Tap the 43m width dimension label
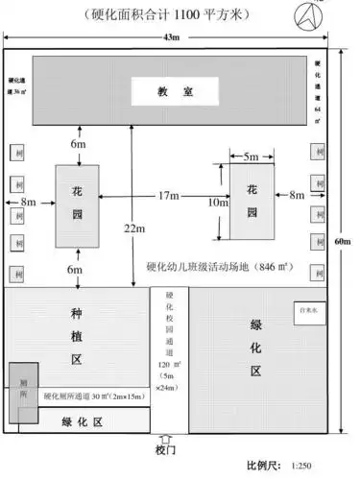[x=171, y=36]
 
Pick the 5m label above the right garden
[x=251, y=156]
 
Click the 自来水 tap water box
[x=310, y=309]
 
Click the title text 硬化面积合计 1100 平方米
[x=173, y=12]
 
